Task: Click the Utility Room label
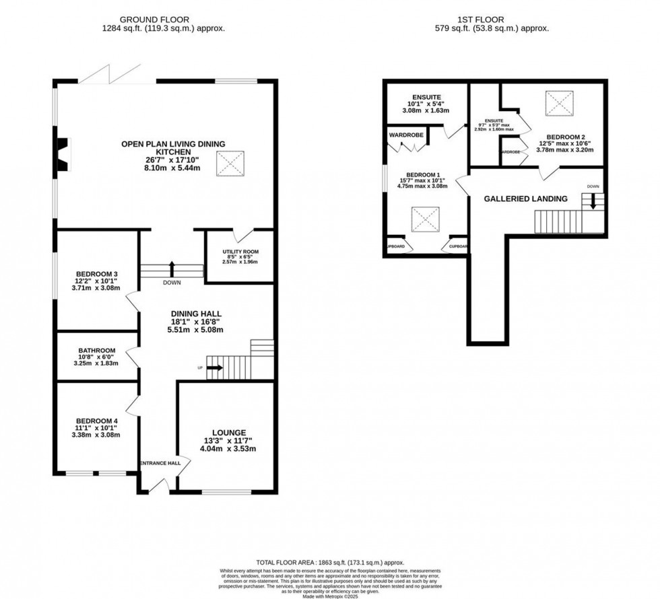240,252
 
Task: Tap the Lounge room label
230,432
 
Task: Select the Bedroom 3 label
97,273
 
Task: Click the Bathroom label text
97,351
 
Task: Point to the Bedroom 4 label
97,420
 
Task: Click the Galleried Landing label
526,199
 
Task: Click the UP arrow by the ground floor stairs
215,367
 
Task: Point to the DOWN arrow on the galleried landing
594,200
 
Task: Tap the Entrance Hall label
160,463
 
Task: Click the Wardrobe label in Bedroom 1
405,134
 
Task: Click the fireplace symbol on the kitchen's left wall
61,153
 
